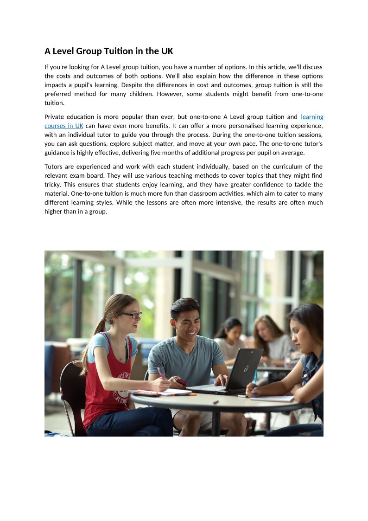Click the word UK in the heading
click(167, 51)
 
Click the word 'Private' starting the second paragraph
click(55, 117)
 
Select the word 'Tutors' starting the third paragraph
click(54, 167)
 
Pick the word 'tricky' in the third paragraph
click(52, 185)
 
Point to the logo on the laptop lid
click(246, 369)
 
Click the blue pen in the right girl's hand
click(254, 377)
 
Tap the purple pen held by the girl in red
click(161, 373)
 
